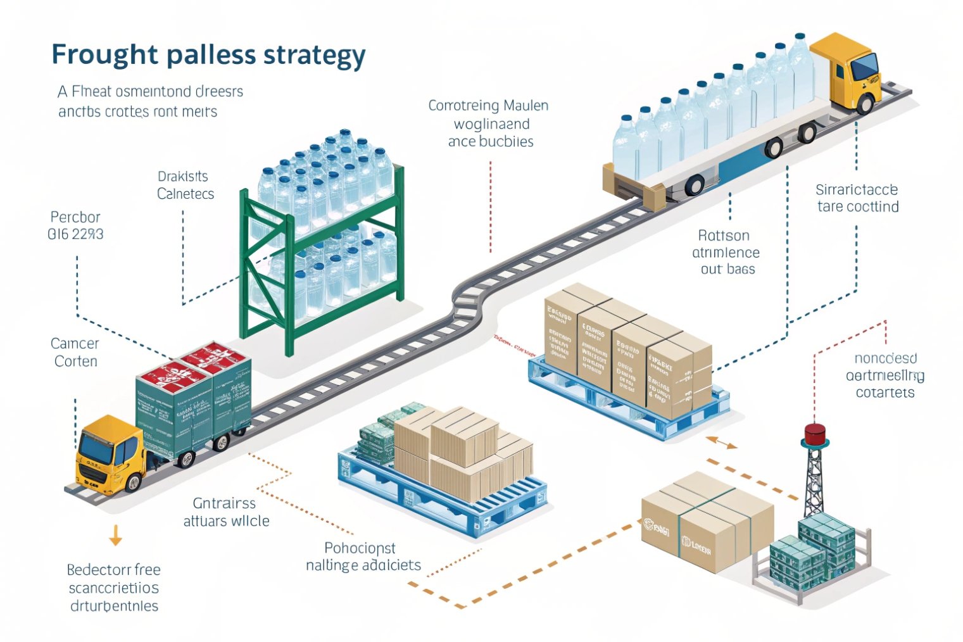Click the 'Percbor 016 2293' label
coord(75,226)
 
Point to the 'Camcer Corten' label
coord(75,353)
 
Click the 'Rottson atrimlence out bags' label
coord(726,252)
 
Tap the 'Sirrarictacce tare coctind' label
coord(857,198)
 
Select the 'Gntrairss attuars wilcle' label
coord(226,512)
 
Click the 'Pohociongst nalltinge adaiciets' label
coord(363,557)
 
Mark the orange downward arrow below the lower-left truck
coord(115,535)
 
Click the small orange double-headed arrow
coord(722,442)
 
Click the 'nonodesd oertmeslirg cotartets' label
coord(884,375)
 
